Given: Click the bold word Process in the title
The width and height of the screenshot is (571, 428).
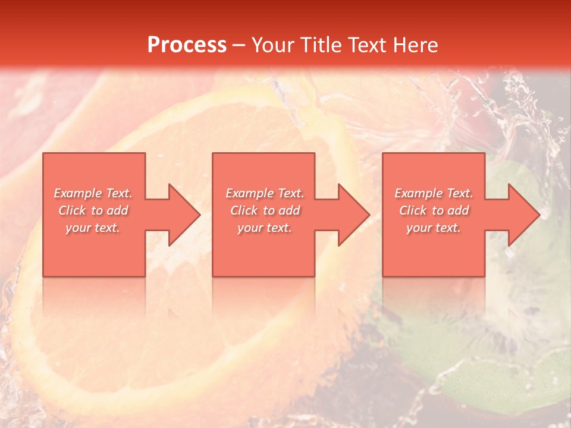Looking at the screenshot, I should pyautogui.click(x=187, y=45).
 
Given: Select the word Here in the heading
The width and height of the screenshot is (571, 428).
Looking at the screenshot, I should pyautogui.click(x=416, y=45).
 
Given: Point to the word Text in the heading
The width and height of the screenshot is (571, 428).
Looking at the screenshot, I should pyautogui.click(x=367, y=45).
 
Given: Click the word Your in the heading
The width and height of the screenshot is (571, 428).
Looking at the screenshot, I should pyautogui.click(x=273, y=45).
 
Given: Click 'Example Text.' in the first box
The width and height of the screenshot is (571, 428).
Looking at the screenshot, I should pyautogui.click(x=93, y=193).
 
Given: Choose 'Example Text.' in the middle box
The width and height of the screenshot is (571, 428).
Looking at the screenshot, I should pyautogui.click(x=265, y=193).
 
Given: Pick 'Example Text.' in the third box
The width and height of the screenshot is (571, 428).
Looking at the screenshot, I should pyautogui.click(x=434, y=193).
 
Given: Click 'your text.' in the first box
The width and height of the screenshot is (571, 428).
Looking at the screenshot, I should pyautogui.click(x=93, y=228).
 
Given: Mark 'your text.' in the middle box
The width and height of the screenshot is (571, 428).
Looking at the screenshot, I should pyautogui.click(x=265, y=228).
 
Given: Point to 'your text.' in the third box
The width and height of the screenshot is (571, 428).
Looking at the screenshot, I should pyautogui.click(x=434, y=228).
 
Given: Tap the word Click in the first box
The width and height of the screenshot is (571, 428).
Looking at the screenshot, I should pyautogui.click(x=72, y=210).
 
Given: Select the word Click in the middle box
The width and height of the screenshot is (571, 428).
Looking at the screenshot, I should pyautogui.click(x=244, y=210).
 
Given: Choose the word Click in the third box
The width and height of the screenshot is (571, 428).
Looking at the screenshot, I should pyautogui.click(x=413, y=210).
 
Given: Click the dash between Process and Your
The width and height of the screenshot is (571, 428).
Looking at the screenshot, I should pyautogui.click(x=239, y=45).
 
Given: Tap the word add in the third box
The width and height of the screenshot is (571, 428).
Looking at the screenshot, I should pyautogui.click(x=458, y=210).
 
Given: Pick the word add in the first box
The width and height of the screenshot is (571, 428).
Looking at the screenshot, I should pyautogui.click(x=117, y=210).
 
